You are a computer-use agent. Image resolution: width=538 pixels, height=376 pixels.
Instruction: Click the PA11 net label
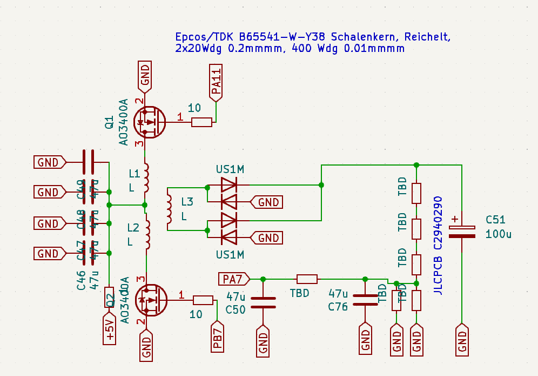(x=216, y=83)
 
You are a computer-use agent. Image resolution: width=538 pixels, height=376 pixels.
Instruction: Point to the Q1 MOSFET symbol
(x=150, y=122)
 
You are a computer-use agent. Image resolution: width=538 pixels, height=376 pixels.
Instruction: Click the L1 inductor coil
(x=146, y=178)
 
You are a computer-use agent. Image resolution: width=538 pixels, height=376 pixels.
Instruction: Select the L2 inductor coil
(x=146, y=234)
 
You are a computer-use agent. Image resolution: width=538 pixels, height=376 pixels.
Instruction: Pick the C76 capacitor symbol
(x=365, y=300)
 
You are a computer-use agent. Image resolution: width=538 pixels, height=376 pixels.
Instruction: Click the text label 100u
(x=498, y=234)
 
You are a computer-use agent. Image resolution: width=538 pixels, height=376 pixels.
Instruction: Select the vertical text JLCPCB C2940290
(x=438, y=245)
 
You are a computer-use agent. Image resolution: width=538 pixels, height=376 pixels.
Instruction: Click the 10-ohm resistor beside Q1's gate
(x=201, y=122)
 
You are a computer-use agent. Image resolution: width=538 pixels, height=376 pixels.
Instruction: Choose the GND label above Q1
(x=145, y=76)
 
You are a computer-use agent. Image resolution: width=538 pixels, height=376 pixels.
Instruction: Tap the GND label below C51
(x=462, y=339)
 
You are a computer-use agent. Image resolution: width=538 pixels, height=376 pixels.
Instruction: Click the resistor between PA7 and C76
(x=307, y=279)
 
